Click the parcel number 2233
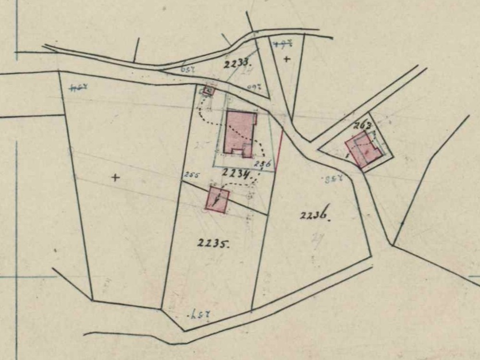click(x=236, y=62)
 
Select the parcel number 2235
click(x=213, y=243)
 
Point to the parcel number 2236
click(x=314, y=216)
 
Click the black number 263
click(x=363, y=126)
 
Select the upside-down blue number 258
click(x=330, y=180)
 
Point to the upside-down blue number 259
click(x=189, y=69)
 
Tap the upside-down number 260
click(x=253, y=87)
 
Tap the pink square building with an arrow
click(x=217, y=199)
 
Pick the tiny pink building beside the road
click(x=208, y=90)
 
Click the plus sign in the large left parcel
click(x=115, y=178)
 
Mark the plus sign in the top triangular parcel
click(x=287, y=59)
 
